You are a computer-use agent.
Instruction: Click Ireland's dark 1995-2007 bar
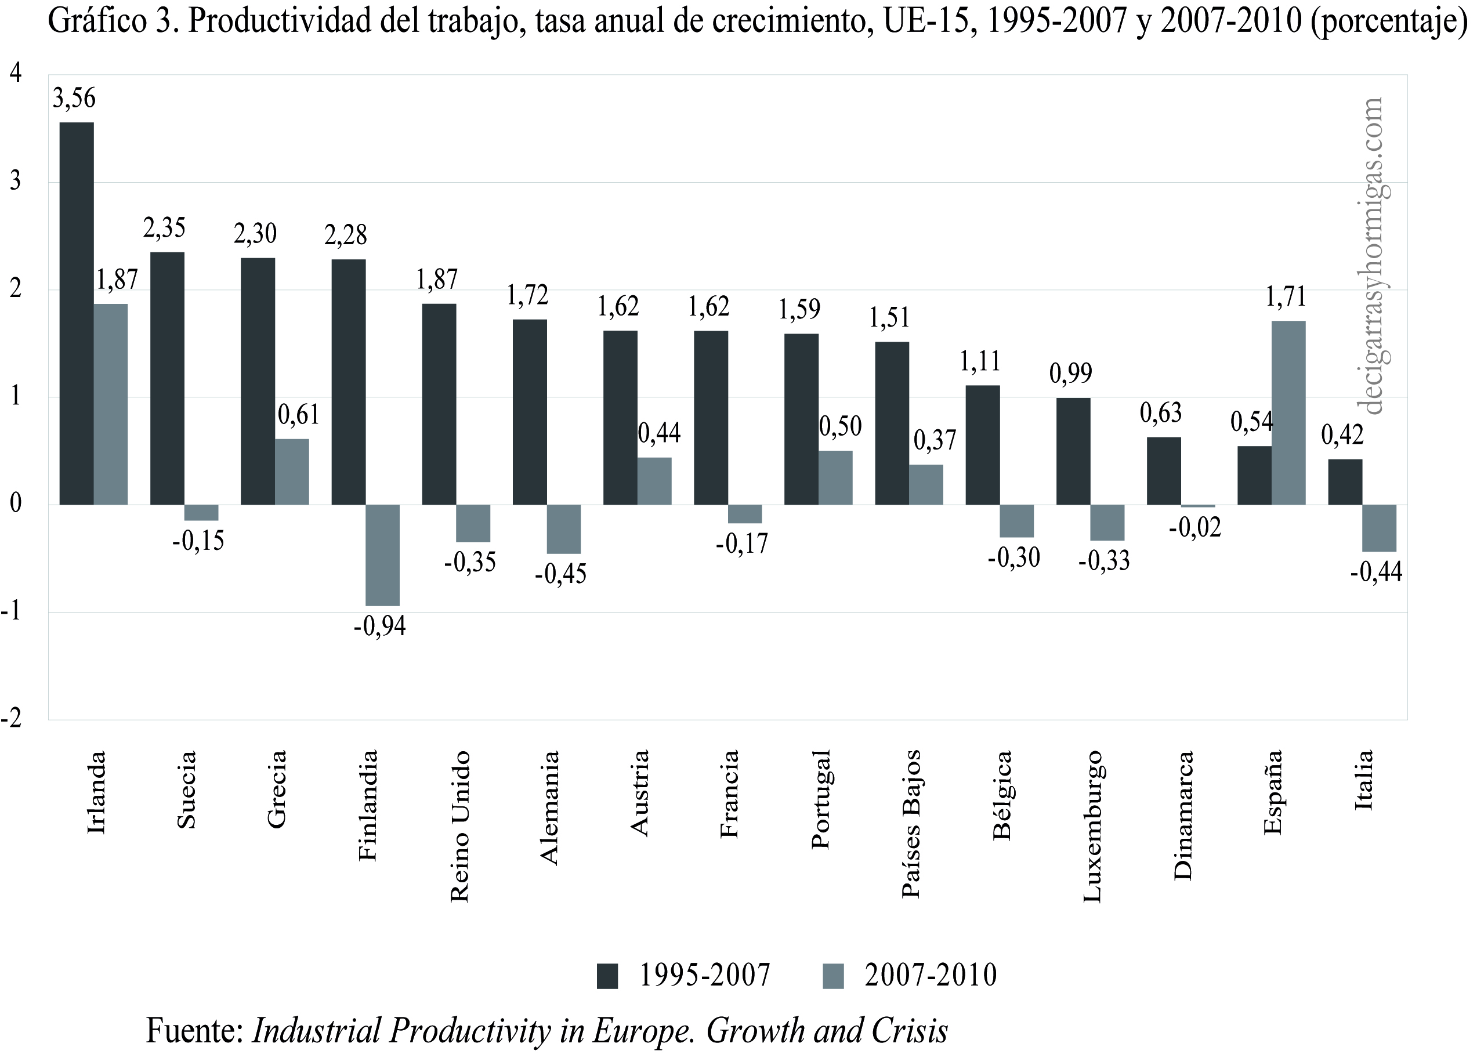77,313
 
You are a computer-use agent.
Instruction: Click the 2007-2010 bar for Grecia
291,471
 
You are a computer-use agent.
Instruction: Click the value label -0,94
379,626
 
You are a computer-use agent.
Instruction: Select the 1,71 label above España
1286,296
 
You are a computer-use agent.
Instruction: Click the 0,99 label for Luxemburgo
1071,373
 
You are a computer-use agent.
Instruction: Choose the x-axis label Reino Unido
459,825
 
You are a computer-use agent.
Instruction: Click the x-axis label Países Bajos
912,824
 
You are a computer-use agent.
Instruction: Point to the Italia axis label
1364,780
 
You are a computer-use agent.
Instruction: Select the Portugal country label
821,799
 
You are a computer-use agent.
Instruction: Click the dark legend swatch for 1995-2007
607,976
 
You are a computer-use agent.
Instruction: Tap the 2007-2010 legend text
930,976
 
